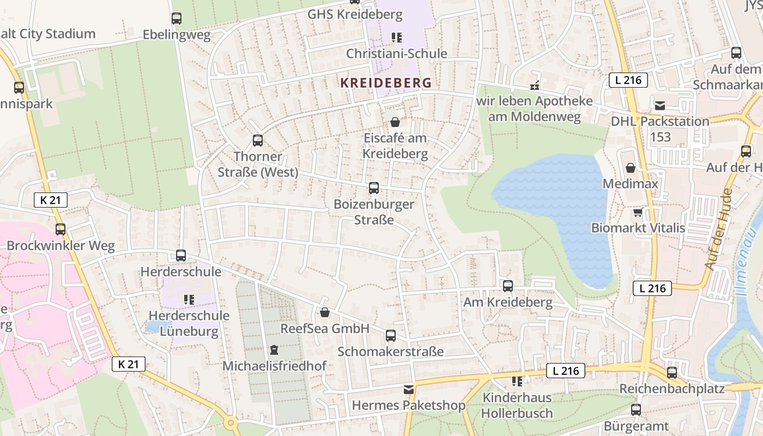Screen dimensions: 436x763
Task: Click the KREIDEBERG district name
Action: coord(385,83)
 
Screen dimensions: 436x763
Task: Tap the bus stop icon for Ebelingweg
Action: coord(177,19)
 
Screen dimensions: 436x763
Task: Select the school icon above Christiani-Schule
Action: coord(396,38)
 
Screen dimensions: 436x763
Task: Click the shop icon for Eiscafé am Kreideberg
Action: coord(395,122)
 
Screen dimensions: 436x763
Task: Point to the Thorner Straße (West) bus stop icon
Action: coord(258,141)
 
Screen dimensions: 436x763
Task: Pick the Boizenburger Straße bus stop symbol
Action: coord(374,188)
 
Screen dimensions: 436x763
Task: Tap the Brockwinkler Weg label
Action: coord(60,246)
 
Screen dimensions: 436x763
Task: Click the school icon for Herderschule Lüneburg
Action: coord(189,299)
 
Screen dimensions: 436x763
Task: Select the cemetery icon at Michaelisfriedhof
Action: coord(274,349)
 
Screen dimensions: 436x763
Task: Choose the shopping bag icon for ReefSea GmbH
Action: coord(325,312)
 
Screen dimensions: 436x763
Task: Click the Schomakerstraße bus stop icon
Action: coord(391,336)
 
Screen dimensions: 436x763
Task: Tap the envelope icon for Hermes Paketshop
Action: coord(409,390)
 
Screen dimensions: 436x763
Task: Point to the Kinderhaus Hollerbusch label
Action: coord(517,405)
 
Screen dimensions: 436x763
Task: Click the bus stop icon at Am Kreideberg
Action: coord(508,286)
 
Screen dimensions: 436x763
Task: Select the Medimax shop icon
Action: coord(631,168)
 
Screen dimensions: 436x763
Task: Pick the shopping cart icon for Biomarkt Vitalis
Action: coord(638,211)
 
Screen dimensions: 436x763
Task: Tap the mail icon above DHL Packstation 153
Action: coord(660,105)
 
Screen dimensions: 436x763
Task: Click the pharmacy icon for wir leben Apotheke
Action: coord(535,86)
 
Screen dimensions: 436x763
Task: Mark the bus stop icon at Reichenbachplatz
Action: coord(672,373)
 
